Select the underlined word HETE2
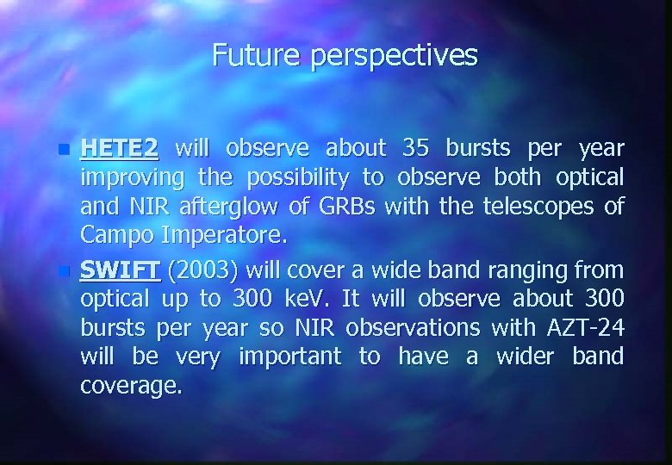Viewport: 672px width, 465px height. [119, 148]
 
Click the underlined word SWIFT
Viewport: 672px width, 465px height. [120, 270]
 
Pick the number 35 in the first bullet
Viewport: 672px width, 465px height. [418, 148]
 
